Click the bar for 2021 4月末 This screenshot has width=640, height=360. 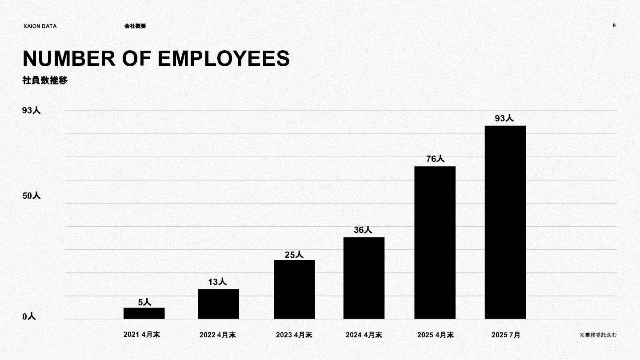(x=144, y=313)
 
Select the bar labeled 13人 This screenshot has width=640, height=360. (x=218, y=304)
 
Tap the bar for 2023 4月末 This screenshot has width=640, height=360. (x=294, y=289)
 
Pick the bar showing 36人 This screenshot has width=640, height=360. (x=364, y=278)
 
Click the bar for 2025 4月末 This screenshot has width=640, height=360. (x=435, y=242)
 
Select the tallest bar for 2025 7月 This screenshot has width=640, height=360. (x=505, y=222)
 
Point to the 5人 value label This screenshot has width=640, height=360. (x=144, y=302)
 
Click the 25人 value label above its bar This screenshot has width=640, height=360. (x=294, y=255)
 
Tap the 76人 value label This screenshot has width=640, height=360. (x=435, y=159)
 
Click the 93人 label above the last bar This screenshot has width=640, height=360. (x=504, y=118)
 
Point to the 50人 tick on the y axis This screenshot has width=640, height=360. (x=32, y=196)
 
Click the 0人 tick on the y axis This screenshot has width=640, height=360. (x=29, y=316)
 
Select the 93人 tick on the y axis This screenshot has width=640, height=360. (x=32, y=111)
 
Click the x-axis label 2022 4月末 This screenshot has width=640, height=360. (x=217, y=335)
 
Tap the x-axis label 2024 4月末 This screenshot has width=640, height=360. (x=364, y=335)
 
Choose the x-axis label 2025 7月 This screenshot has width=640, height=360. (x=506, y=335)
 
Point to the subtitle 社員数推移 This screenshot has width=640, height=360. (x=45, y=80)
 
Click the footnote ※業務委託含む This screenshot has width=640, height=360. (x=598, y=335)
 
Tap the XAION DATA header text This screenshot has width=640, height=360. (x=40, y=26)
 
